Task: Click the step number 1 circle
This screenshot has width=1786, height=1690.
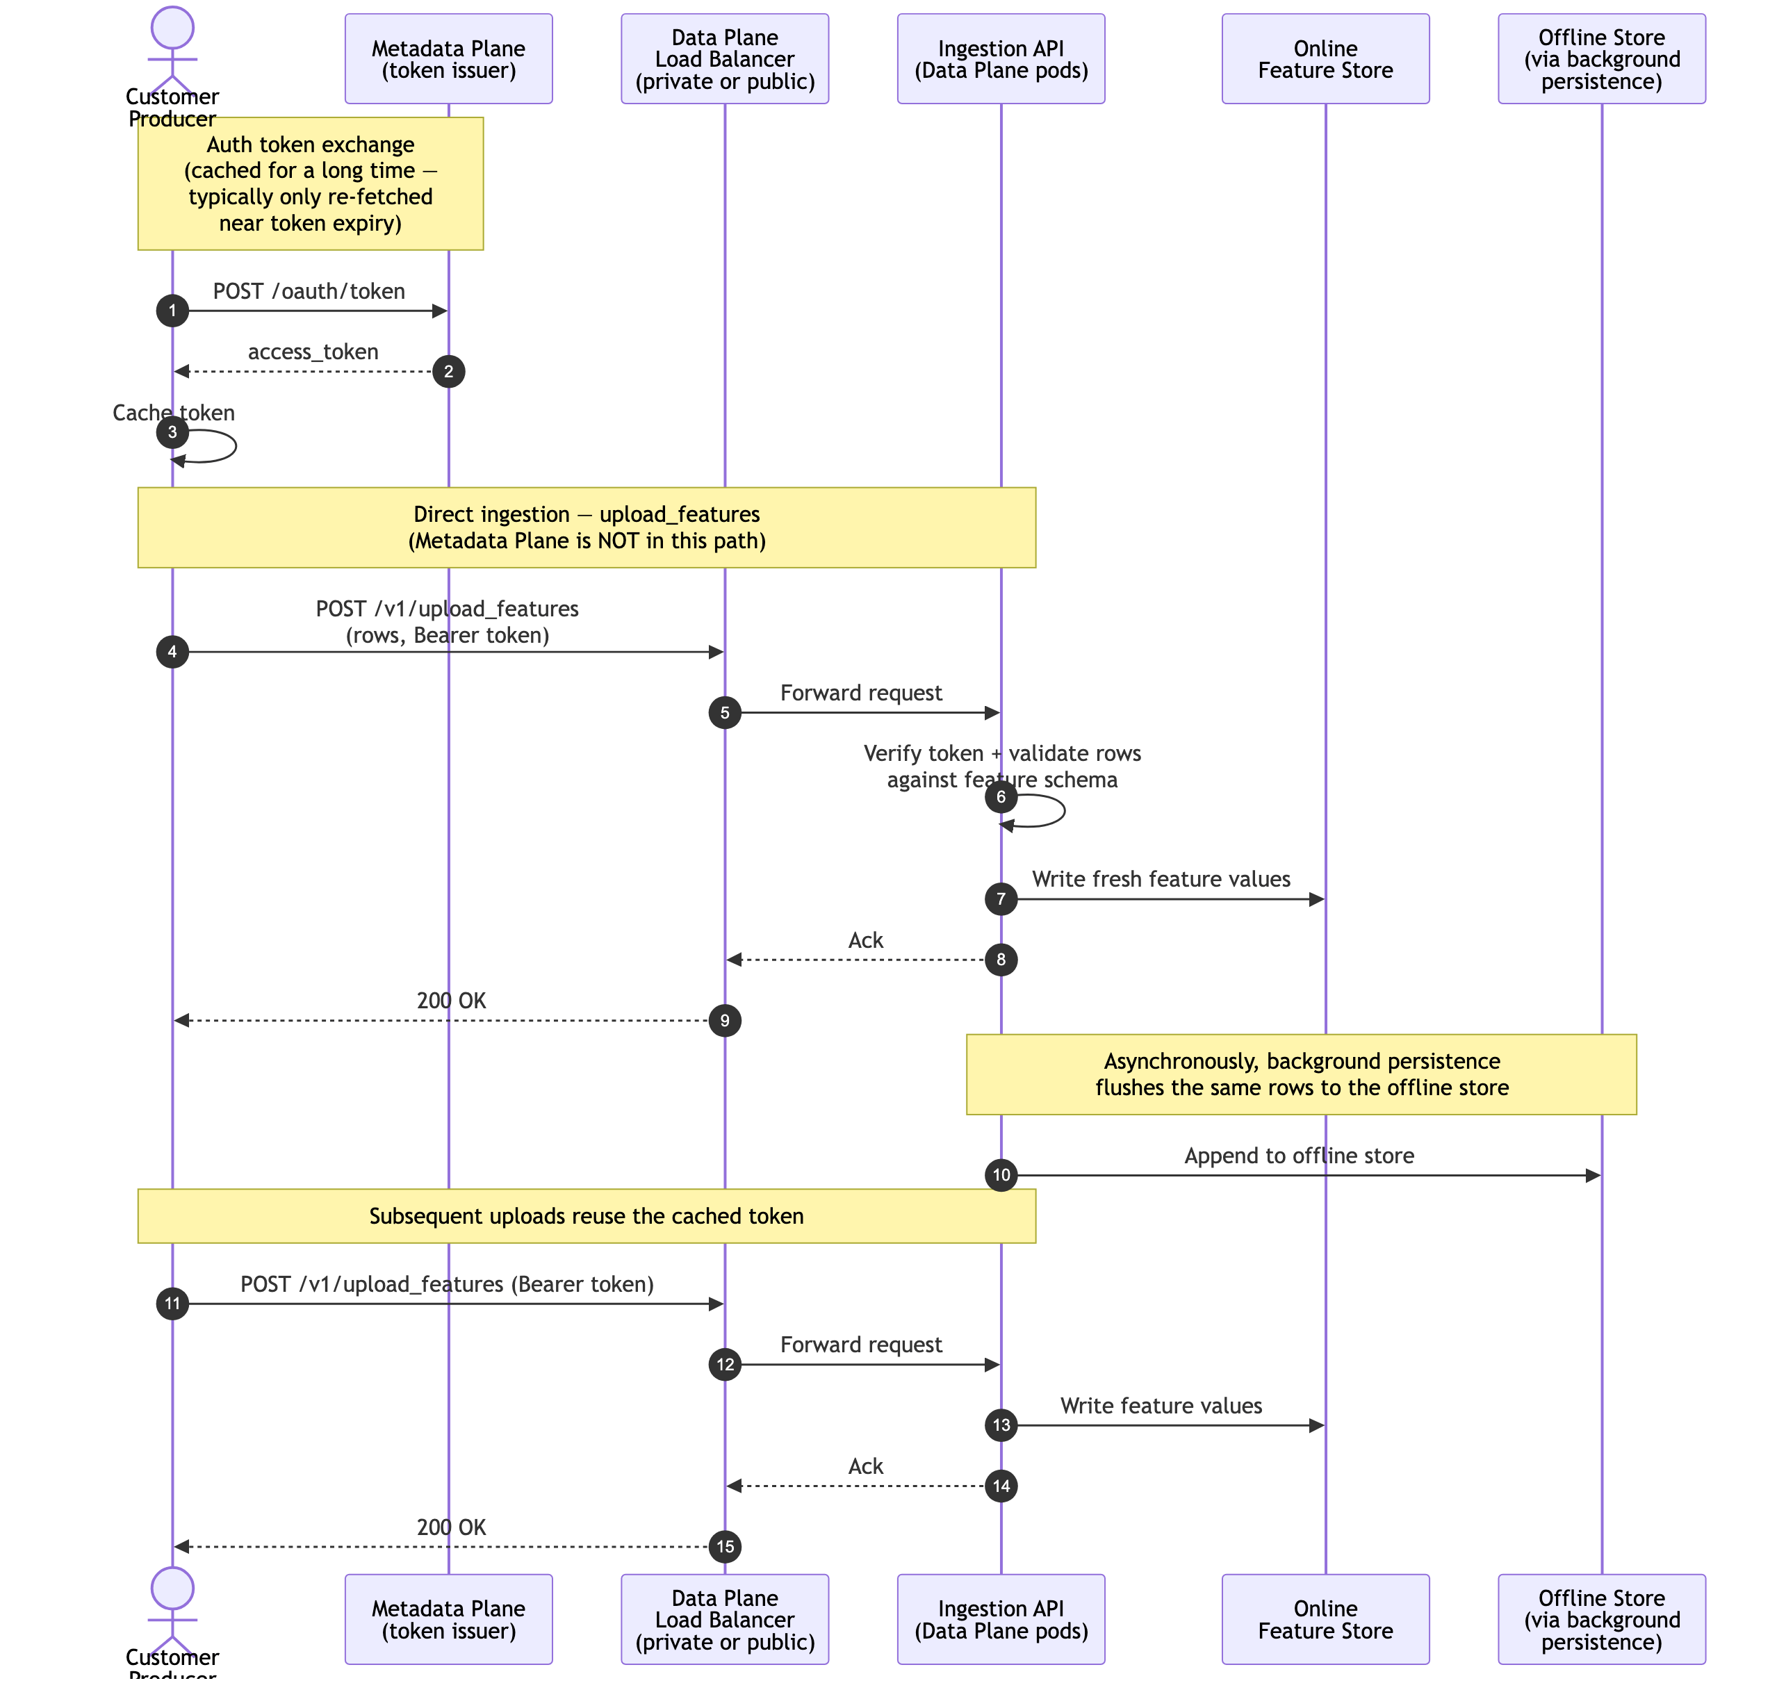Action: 172,311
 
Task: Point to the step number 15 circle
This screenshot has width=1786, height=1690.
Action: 725,1547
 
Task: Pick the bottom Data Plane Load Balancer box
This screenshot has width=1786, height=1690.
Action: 725,1619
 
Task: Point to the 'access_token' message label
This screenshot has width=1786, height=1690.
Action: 313,352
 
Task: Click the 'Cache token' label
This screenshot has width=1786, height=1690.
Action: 173,413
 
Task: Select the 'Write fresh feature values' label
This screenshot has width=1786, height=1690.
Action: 1161,878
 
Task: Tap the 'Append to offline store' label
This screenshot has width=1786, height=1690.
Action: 1299,1155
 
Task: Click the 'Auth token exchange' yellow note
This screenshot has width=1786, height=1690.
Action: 310,183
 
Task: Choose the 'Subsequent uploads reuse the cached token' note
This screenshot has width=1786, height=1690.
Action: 586,1215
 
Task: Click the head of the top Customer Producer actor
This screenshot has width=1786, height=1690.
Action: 172,27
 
